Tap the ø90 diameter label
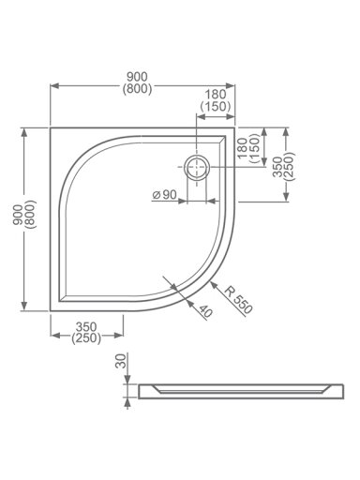click(x=164, y=195)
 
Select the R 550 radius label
click(x=238, y=299)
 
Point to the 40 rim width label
click(x=205, y=311)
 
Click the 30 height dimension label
click(x=121, y=361)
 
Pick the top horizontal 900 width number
click(x=137, y=77)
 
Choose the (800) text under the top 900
click(x=137, y=89)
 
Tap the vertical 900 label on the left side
click(x=17, y=215)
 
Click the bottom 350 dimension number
click(x=86, y=327)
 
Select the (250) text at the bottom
click(x=86, y=338)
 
